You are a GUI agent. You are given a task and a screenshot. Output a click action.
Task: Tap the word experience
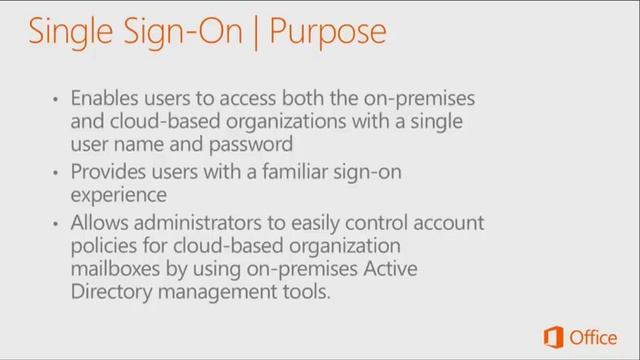(x=118, y=195)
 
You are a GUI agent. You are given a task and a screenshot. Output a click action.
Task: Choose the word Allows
(x=98, y=223)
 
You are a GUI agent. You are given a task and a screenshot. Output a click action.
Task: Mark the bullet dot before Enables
(x=57, y=101)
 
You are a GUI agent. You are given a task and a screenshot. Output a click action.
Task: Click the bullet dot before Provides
(x=57, y=174)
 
